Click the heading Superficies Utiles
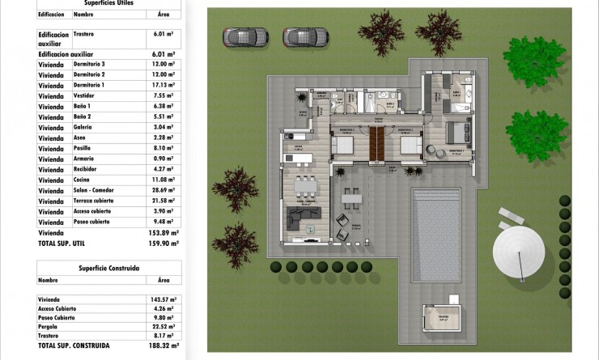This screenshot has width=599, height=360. pyautogui.click(x=110, y=3)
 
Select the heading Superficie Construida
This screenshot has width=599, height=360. pyautogui.click(x=109, y=267)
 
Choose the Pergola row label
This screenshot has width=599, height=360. pyautogui.click(x=49, y=327)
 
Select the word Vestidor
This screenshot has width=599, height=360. pyautogui.click(x=85, y=95)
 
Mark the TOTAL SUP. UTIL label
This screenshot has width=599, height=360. pyautogui.click(x=62, y=243)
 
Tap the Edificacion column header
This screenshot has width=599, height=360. pyautogui.click(x=51, y=14)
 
